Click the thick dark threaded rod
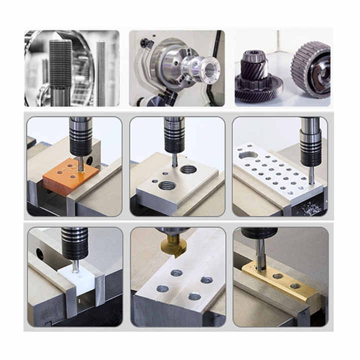60,65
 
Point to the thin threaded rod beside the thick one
100,70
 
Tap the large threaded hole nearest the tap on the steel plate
188,169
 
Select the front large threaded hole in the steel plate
167,186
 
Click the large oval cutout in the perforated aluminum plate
248,155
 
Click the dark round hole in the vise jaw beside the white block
39,254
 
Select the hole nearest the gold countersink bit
176,272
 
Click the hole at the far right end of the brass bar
295,286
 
